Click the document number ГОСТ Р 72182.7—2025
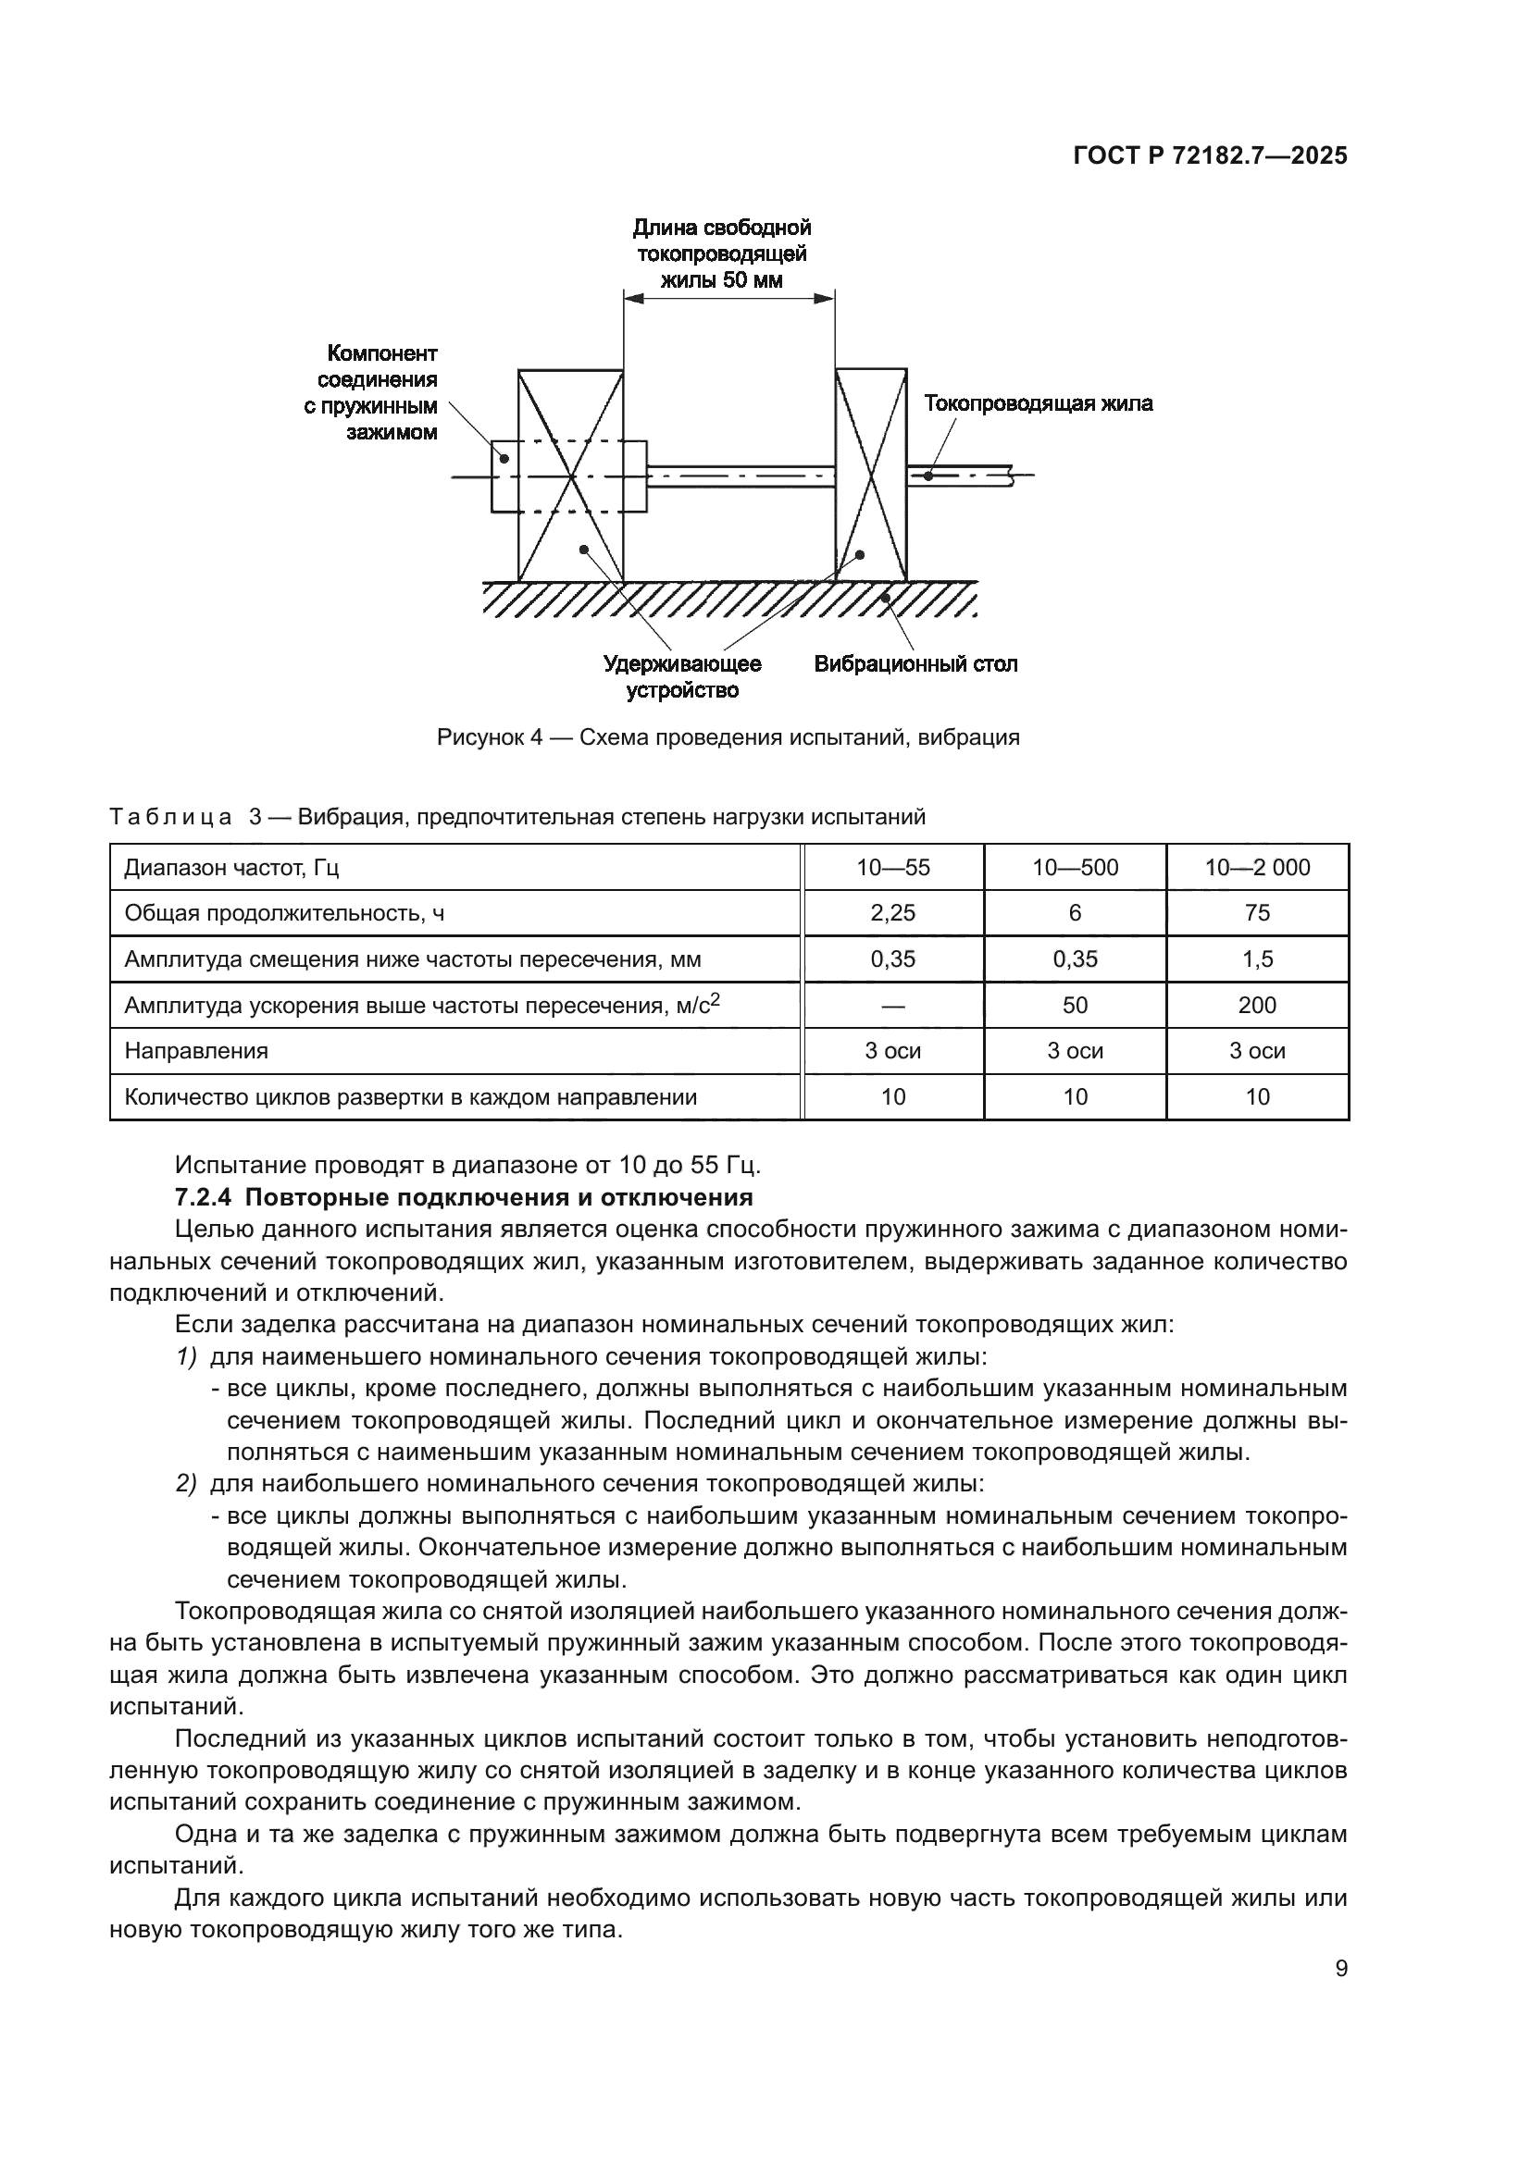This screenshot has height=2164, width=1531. [1210, 156]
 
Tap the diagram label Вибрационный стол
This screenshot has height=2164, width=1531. [915, 663]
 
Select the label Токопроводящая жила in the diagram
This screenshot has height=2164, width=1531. [1038, 403]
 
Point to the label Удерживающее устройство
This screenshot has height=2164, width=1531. [682, 676]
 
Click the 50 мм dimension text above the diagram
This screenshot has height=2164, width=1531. [721, 280]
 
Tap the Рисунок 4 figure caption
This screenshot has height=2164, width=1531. [728, 737]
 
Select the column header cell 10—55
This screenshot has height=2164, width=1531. [892, 867]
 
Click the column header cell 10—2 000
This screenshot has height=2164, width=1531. [1257, 867]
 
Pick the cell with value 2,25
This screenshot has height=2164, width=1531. [892, 912]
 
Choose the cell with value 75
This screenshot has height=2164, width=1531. [1257, 912]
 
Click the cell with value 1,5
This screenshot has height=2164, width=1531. [1257, 958]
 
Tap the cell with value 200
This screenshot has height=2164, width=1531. [1257, 1005]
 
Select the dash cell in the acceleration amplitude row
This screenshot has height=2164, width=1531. [892, 1005]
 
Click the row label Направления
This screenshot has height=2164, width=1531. [196, 1050]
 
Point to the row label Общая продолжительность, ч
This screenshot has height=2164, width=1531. [284, 912]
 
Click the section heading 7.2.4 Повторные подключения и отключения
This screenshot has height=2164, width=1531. [464, 1197]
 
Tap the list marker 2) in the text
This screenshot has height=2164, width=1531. [186, 1483]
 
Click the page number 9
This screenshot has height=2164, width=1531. [1341, 1968]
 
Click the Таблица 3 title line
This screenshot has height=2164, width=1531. [517, 816]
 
